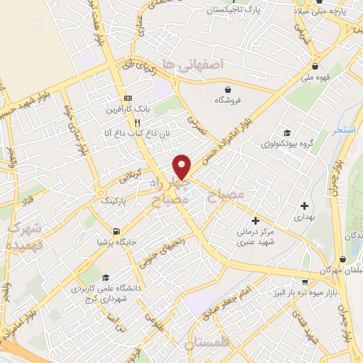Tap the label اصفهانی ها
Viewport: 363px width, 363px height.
tap(192, 64)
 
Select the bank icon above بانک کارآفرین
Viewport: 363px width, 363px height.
tap(128, 97)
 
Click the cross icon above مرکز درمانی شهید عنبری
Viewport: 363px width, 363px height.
tap(255, 221)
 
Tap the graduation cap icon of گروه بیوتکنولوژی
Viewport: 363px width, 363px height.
tap(286, 133)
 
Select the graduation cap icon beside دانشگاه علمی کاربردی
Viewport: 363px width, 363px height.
tap(106, 277)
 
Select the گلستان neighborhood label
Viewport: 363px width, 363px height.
tap(208, 345)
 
